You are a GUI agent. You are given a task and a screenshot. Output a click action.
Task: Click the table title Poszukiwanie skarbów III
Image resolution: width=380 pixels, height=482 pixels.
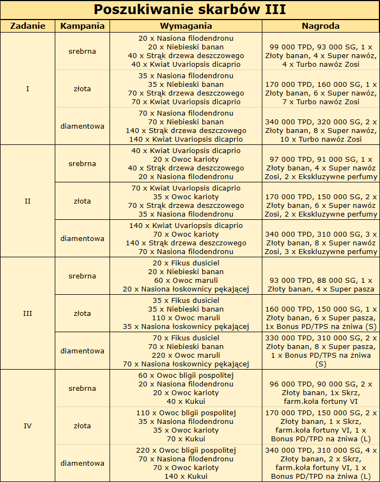click(190, 10)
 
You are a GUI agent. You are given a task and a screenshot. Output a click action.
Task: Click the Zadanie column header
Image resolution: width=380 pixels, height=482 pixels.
click(28, 26)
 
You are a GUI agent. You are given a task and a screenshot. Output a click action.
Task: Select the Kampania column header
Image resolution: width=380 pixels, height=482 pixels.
click(82, 26)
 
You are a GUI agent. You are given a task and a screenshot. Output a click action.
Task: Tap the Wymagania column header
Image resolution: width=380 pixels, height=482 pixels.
click(186, 26)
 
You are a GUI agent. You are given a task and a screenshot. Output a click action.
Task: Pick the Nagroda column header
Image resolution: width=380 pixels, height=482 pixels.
click(320, 26)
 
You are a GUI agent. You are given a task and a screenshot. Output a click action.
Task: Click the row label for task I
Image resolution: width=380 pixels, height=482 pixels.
click(28, 88)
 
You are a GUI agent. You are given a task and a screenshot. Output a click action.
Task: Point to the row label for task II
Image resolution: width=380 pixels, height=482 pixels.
click(28, 201)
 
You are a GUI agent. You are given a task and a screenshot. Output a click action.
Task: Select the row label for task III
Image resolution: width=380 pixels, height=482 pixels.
click(28, 313)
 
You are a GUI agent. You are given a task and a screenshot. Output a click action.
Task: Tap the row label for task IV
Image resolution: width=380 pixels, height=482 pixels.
click(28, 426)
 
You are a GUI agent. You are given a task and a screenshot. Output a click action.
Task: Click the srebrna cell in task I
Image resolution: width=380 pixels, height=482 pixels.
click(82, 52)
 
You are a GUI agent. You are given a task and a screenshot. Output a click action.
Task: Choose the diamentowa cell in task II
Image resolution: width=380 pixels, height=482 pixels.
click(82, 238)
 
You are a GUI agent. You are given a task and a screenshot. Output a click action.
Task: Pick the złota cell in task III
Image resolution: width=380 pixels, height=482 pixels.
click(82, 313)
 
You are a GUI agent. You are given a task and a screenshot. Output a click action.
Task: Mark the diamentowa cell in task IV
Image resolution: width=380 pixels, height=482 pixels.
click(82, 463)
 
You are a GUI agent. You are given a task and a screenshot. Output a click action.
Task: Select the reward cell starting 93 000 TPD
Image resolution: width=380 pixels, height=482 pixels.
click(320, 284)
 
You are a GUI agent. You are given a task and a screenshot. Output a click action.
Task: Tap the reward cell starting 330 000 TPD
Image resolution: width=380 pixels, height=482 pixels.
click(320, 351)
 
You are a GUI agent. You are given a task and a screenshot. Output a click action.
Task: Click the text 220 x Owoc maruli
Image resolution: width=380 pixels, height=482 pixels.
click(186, 355)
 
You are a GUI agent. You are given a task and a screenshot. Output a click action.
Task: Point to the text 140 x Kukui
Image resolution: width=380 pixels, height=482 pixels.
click(186, 476)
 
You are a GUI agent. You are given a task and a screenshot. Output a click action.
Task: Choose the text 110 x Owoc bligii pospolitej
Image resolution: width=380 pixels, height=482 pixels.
click(186, 413)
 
